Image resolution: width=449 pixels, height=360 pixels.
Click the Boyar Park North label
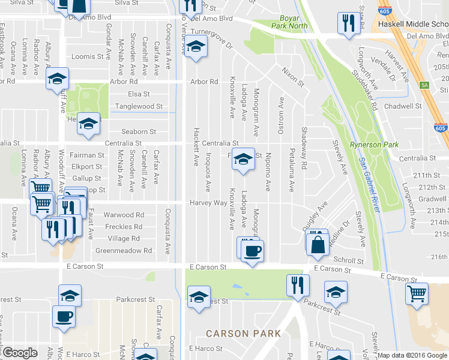point(294,22)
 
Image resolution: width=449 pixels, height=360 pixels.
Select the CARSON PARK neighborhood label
point(243,333)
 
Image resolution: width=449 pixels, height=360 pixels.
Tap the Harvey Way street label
point(208,203)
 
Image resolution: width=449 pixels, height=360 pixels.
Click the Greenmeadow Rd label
point(124,250)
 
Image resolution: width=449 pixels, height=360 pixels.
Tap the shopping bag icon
point(317,244)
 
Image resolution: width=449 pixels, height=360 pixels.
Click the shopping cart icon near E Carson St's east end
point(417,293)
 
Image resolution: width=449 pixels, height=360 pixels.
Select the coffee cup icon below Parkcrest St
point(64,316)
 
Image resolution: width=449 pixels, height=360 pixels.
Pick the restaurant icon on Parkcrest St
point(297,286)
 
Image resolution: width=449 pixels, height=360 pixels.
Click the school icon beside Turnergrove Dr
point(195,47)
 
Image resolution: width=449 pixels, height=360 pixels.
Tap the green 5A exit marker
point(424,85)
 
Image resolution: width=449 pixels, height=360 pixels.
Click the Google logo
point(20,353)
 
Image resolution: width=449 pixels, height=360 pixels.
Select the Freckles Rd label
point(123,227)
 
